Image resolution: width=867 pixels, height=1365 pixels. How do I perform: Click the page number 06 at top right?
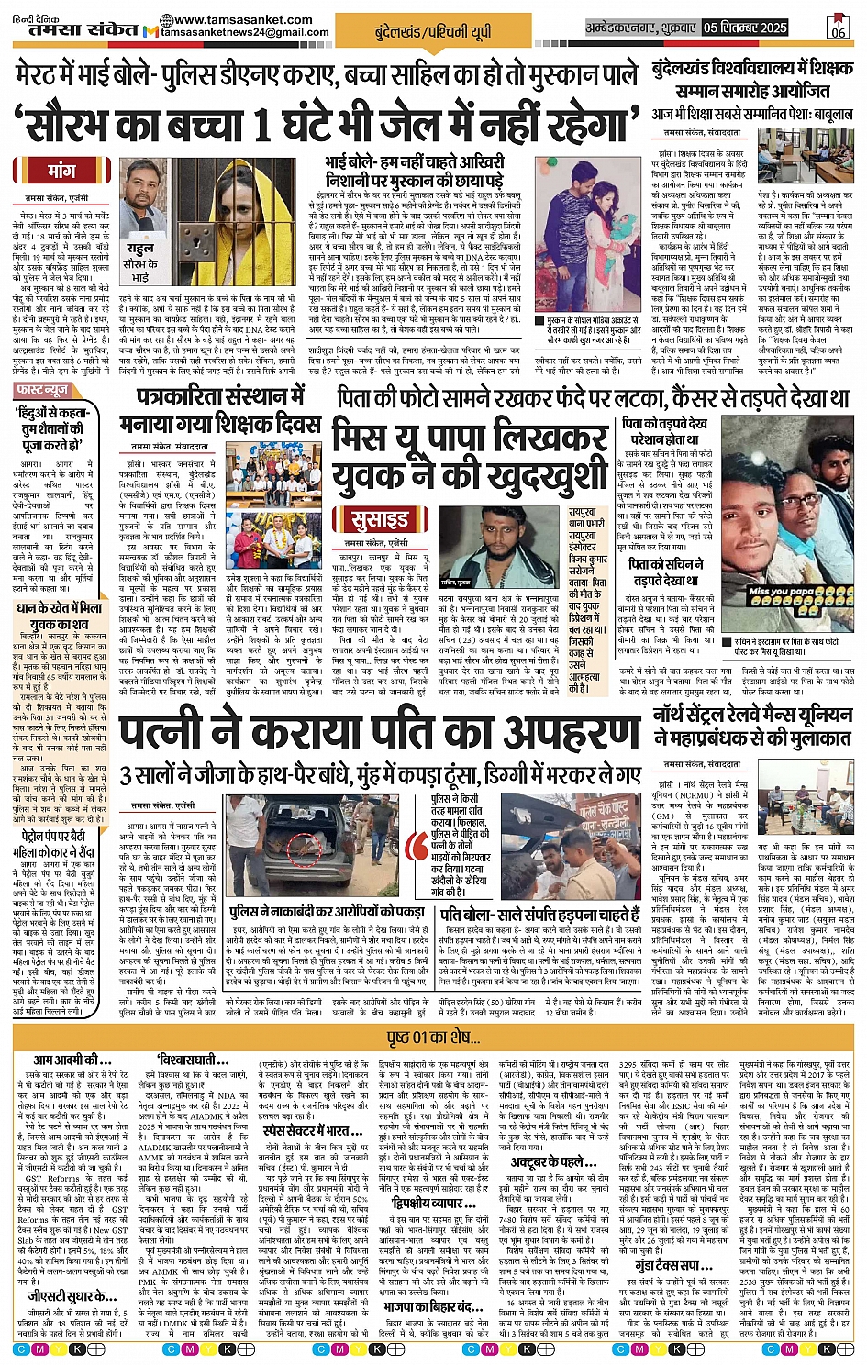837,28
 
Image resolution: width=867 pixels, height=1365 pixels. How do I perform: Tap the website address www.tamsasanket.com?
241,19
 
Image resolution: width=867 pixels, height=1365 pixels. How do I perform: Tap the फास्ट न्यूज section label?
44,391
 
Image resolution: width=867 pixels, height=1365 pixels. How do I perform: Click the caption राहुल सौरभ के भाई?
139,262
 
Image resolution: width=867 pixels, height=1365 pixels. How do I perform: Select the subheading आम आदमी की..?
66,1061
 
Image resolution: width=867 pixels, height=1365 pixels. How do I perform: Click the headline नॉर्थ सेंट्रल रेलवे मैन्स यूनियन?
751,725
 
